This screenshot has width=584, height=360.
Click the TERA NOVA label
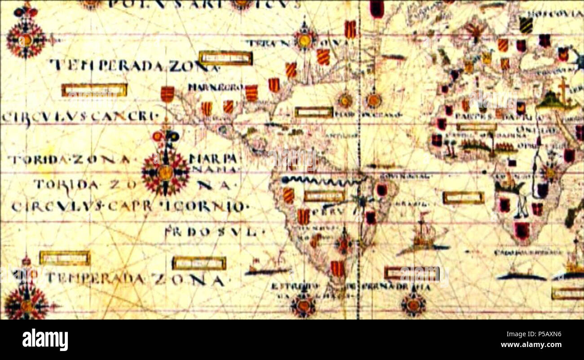[296, 43]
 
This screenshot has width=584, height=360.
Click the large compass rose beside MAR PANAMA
[165, 172]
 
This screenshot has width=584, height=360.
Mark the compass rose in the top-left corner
[26, 40]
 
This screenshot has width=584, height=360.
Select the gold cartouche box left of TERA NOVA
[226, 58]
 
